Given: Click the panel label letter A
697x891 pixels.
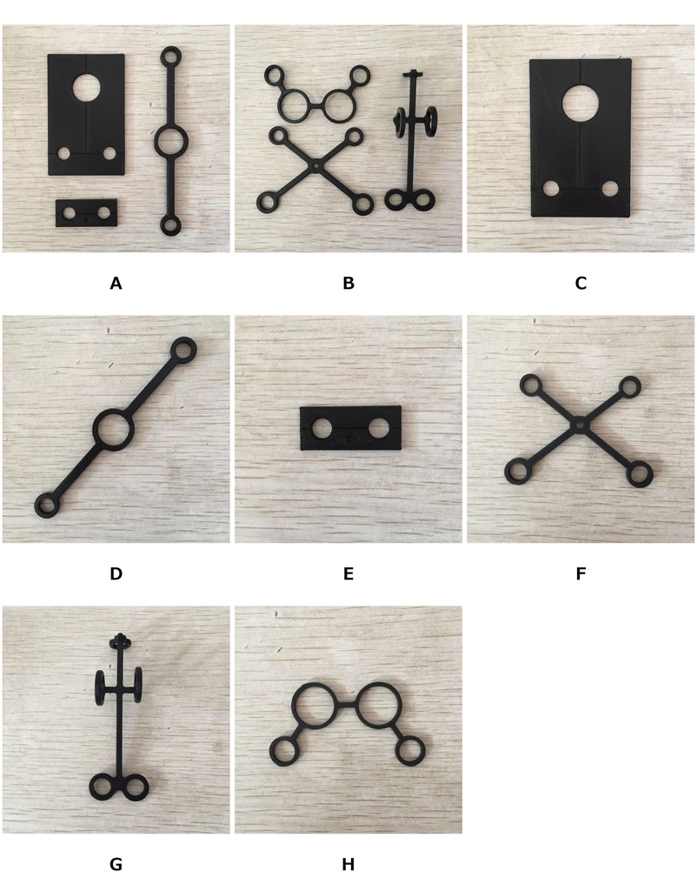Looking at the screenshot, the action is (x=116, y=283).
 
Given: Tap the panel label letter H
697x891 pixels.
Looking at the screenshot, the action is (x=348, y=864).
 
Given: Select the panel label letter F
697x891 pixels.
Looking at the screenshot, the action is (x=581, y=573).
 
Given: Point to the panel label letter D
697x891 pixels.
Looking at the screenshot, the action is (x=116, y=573).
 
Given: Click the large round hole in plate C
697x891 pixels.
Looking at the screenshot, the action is (x=581, y=103).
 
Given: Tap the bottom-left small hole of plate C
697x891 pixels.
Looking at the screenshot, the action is (x=550, y=189).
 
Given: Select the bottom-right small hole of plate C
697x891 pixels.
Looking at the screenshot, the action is (x=610, y=189).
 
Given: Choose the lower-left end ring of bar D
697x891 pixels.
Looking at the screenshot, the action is (x=47, y=506).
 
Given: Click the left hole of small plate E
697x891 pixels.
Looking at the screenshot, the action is (x=322, y=428).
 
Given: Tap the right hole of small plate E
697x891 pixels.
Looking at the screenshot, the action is (x=379, y=428).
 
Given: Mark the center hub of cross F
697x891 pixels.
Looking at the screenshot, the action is (x=579, y=425).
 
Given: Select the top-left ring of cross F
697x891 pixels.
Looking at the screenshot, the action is (x=531, y=385).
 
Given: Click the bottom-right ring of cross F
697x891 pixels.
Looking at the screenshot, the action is (x=640, y=474).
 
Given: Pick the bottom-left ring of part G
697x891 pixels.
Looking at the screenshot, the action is (x=103, y=787).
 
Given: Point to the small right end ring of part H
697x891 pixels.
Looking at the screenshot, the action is (x=410, y=751).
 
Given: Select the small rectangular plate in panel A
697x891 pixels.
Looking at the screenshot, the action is (x=86, y=213).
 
